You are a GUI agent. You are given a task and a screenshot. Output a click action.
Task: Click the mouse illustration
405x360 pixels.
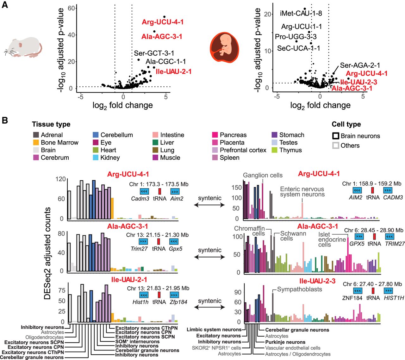click(x=23, y=47)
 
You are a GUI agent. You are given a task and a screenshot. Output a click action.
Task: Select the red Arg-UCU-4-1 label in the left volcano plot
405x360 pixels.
click(x=162, y=22)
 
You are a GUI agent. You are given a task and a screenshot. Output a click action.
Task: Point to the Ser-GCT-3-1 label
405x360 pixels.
click(x=154, y=53)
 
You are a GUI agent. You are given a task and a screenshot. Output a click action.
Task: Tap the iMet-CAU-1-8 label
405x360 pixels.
click(x=301, y=13)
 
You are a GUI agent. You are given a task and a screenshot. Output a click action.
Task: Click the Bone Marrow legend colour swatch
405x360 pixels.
click(x=36, y=143)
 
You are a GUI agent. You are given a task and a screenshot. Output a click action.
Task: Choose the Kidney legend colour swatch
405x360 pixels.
click(x=96, y=158)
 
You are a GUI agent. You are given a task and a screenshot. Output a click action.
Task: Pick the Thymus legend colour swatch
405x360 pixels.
click(x=274, y=150)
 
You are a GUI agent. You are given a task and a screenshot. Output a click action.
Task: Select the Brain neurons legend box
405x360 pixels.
click(x=336, y=136)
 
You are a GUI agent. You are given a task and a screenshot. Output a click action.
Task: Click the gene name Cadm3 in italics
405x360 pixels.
click(x=140, y=199)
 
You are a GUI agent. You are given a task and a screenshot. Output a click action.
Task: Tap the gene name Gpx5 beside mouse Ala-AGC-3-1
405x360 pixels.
click(x=175, y=249)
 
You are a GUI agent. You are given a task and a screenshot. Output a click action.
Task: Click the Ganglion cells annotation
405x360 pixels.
click(x=263, y=175)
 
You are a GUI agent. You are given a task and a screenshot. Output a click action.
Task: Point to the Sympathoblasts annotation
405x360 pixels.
click(x=299, y=289)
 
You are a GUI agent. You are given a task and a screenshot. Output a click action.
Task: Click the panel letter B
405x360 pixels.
click(x=5, y=121)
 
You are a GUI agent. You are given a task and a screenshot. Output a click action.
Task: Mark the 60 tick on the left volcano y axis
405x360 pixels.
click(x=72, y=8)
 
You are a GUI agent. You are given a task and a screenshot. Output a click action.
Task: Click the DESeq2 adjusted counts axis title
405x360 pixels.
click(x=47, y=253)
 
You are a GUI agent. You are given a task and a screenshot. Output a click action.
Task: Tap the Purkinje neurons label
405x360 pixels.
click(x=285, y=342)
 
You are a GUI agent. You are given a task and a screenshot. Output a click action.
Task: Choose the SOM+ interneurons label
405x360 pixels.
click(x=137, y=341)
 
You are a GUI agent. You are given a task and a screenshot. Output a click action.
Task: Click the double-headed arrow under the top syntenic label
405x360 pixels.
click(x=209, y=205)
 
